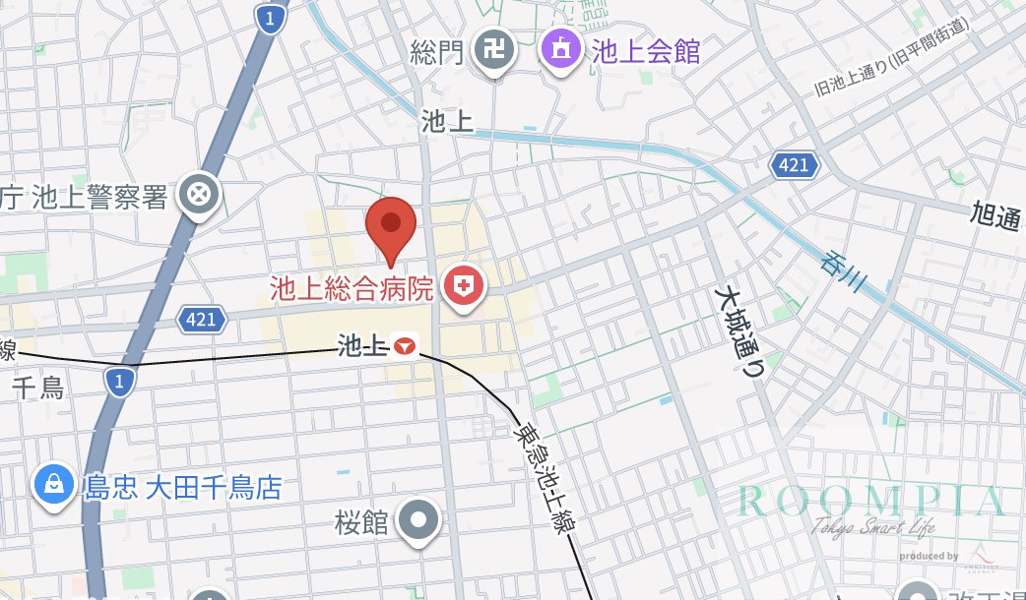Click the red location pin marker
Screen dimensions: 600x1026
click(x=392, y=225)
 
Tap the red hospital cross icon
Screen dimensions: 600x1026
click(x=464, y=286)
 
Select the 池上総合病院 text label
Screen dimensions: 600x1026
click(x=352, y=288)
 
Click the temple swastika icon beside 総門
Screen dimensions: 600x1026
click(x=492, y=49)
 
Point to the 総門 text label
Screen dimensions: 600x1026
click(x=437, y=51)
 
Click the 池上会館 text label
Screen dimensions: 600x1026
click(x=646, y=51)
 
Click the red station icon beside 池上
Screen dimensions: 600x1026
click(x=405, y=345)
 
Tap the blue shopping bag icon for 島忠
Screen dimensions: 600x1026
click(x=53, y=485)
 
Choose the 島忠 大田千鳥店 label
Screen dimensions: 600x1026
click(x=183, y=487)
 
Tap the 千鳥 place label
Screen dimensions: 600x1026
click(x=37, y=387)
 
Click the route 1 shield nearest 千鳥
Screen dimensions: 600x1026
click(x=119, y=381)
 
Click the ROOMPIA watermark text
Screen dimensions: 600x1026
click(x=871, y=501)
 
